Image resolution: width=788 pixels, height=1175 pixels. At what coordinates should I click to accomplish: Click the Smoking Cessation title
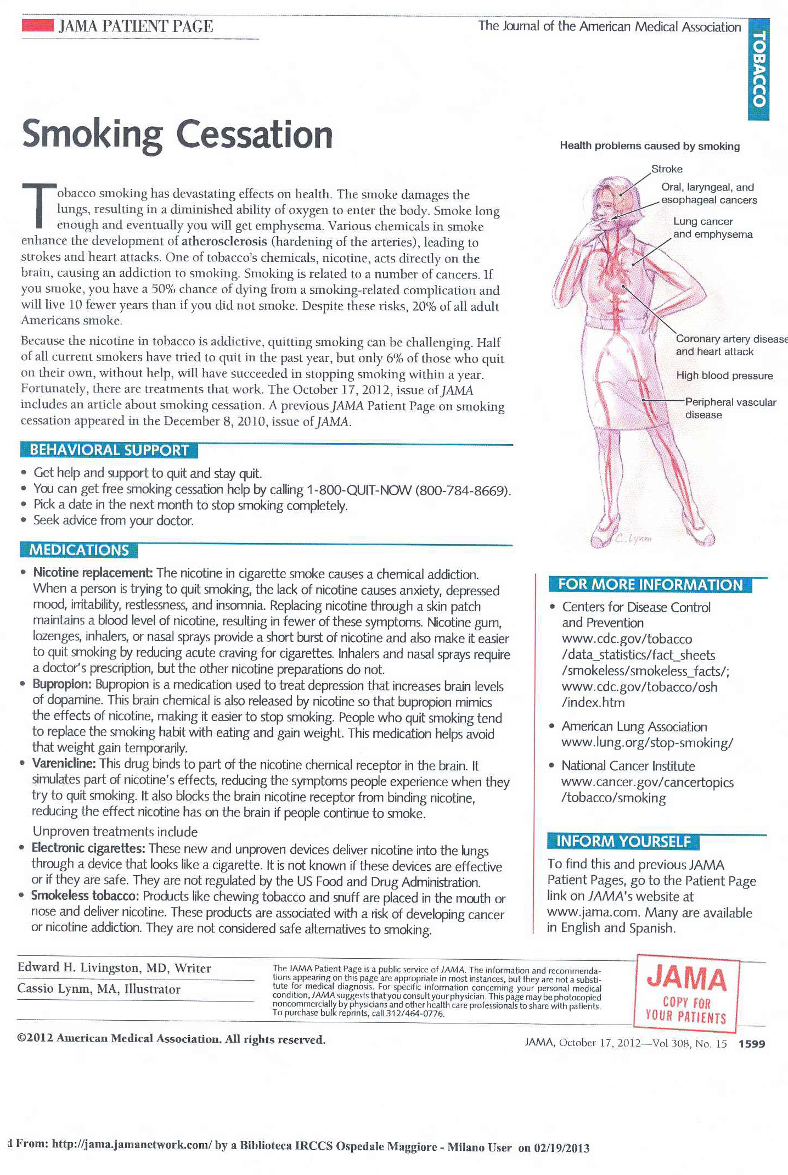pyautogui.click(x=177, y=135)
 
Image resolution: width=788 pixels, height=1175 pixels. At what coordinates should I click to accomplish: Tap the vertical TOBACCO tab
pyautogui.click(x=758, y=69)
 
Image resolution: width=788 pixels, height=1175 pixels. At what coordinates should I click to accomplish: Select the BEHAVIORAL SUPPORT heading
pyautogui.click(x=109, y=450)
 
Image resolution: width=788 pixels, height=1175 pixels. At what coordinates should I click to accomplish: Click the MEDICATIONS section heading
pyautogui.click(x=79, y=550)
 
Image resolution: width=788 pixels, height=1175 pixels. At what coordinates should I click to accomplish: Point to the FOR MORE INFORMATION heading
pyautogui.click(x=650, y=585)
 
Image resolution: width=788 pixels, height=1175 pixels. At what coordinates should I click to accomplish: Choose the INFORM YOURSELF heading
pyautogui.click(x=623, y=841)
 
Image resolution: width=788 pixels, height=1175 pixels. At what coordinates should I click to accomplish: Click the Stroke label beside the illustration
pyautogui.click(x=667, y=169)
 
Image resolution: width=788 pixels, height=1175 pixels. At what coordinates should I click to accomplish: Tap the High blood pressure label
pyautogui.click(x=724, y=376)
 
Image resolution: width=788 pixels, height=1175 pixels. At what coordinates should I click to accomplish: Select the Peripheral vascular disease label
pyautogui.click(x=730, y=408)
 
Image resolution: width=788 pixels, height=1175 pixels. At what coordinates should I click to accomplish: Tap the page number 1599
pyautogui.click(x=751, y=1044)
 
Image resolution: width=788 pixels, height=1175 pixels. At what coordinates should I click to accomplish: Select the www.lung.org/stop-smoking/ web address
pyautogui.click(x=647, y=743)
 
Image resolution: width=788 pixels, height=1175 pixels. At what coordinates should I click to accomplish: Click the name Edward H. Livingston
pyautogui.click(x=78, y=967)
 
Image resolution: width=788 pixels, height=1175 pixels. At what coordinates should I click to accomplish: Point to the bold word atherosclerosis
pyautogui.click(x=224, y=241)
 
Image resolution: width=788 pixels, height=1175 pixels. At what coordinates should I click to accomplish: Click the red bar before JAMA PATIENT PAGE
pyautogui.click(x=37, y=25)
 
